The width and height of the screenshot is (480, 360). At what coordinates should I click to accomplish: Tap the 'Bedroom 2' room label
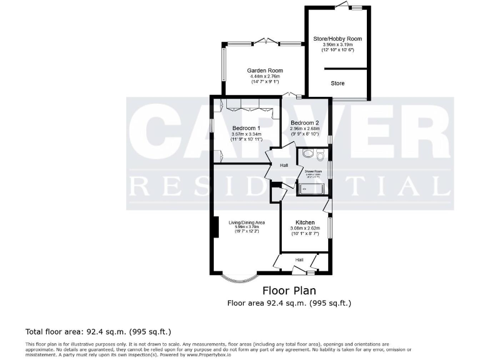(x=304, y=122)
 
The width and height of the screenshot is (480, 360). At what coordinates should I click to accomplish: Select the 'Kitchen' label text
(x=304, y=222)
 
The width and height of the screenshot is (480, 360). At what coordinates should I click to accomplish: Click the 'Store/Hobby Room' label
(x=337, y=39)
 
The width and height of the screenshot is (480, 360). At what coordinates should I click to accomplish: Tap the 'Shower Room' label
(x=313, y=171)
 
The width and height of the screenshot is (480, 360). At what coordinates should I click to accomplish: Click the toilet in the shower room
(x=320, y=155)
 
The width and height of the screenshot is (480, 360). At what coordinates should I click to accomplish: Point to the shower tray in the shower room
(x=311, y=186)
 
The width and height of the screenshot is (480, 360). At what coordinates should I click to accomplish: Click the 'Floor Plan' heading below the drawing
(x=289, y=291)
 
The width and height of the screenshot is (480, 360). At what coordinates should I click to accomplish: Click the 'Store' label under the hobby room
(x=337, y=83)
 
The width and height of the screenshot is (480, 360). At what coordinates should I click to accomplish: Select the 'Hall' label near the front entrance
(x=299, y=260)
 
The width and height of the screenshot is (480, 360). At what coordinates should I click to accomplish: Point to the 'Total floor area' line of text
(x=98, y=331)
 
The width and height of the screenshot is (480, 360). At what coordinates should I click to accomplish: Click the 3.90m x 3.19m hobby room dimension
(x=337, y=45)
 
